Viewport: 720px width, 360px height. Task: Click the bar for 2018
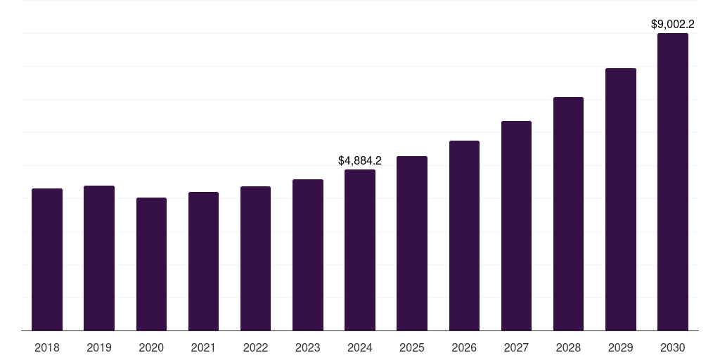(47, 259)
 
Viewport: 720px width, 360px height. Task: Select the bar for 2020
(151, 264)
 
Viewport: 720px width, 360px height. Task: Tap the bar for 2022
(255, 259)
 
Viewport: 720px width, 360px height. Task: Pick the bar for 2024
(360, 250)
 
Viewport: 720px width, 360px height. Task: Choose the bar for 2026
(464, 236)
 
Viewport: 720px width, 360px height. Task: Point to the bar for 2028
(568, 214)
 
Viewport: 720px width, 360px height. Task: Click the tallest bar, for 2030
(673, 182)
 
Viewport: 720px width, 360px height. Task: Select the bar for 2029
(620, 199)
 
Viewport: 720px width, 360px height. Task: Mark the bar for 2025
(412, 243)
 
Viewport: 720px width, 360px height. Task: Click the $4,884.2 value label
(360, 161)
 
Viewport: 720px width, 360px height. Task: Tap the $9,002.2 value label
(673, 25)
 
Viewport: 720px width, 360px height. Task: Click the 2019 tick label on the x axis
(99, 347)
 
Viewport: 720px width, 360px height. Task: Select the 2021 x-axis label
(203, 347)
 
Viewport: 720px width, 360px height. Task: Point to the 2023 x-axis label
(308, 347)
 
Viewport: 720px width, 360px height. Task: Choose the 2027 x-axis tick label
(516, 347)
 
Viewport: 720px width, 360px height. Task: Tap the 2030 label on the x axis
(673, 347)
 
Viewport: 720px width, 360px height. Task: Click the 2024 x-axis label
(360, 347)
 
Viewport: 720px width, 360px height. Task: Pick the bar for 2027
(516, 226)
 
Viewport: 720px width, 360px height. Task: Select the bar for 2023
(308, 255)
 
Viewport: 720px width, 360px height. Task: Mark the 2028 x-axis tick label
(568, 347)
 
